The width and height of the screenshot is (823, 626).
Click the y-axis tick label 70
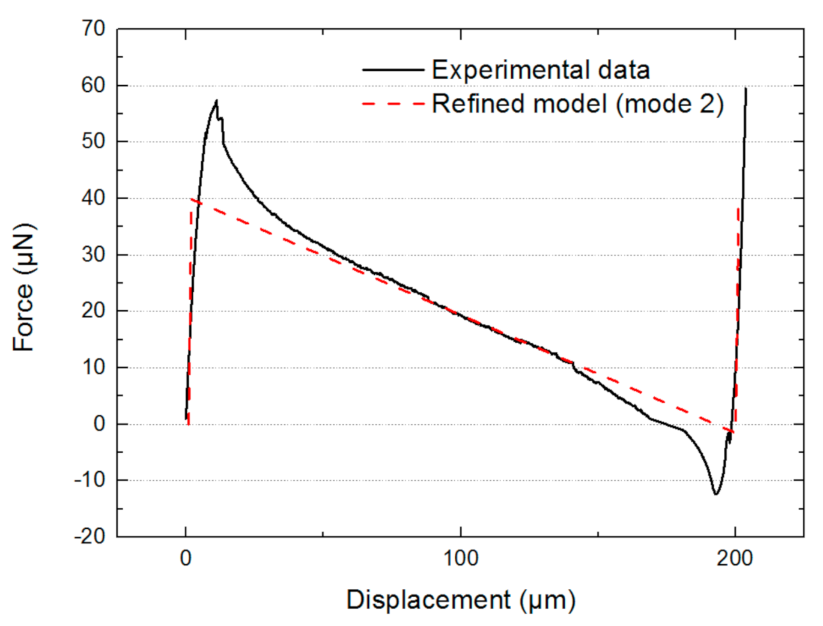point(93,28)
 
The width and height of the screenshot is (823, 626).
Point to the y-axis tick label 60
point(93,85)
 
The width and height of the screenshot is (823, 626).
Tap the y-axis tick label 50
point(93,142)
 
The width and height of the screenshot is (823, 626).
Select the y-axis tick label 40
point(93,198)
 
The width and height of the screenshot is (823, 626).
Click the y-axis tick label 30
point(93,254)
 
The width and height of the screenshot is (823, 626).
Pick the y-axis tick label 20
point(93,311)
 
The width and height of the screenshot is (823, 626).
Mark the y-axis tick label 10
point(93,367)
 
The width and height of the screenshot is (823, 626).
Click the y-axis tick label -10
point(90,480)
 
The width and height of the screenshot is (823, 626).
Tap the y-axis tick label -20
point(90,536)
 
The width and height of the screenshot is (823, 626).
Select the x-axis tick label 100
point(460,559)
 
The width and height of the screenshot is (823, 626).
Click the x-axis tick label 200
point(734,559)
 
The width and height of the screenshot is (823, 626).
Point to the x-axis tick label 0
point(186,559)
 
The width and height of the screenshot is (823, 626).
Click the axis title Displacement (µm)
point(461,600)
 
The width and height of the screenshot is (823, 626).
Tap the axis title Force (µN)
point(24,287)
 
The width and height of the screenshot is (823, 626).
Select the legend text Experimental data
point(541,70)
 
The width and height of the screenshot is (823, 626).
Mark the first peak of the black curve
point(216,101)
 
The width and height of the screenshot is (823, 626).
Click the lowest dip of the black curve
point(716,494)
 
